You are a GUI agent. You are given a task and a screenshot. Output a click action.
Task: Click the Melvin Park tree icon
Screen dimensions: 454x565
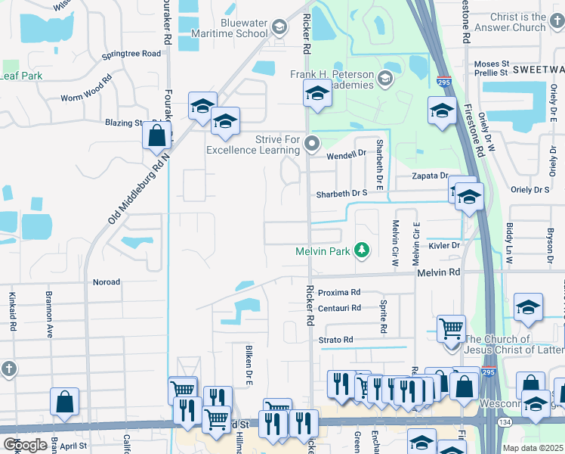tap(363, 250)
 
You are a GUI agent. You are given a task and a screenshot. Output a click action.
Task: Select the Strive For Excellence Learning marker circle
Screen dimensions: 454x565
tap(312, 141)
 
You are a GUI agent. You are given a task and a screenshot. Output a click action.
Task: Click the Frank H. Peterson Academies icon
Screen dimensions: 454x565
tap(385, 79)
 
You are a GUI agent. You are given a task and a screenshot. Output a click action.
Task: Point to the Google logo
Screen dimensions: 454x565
tap(24, 445)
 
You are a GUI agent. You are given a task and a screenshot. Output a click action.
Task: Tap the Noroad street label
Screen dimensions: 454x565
tap(106, 282)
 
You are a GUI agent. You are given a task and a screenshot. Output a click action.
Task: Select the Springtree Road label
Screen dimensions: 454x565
tap(131, 54)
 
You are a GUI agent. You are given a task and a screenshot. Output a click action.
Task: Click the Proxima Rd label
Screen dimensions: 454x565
tap(339, 292)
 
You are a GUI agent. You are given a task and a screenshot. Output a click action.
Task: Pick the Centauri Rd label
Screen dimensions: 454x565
tap(339, 308)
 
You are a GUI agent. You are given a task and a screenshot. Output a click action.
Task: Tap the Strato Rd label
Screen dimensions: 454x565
tap(336, 340)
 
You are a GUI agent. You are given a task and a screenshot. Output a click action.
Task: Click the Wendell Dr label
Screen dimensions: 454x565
tap(346, 155)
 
